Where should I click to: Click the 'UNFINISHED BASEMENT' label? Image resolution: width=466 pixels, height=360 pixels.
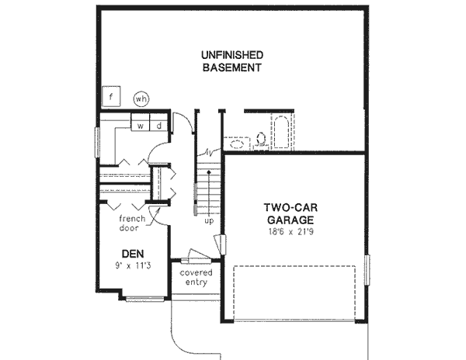pos(231,61)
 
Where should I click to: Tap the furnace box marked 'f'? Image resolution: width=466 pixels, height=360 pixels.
pos(112,97)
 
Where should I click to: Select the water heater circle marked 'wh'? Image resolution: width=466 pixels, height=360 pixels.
pos(141,99)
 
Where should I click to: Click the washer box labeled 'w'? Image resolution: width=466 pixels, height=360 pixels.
pos(142,125)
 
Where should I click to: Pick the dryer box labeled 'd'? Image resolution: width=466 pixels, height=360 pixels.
pos(158,125)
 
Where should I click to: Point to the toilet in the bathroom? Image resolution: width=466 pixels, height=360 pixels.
pos(261,140)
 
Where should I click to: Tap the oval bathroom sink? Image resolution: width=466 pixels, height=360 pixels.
pos(236,144)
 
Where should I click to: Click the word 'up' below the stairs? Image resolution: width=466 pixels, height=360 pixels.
pos(208,220)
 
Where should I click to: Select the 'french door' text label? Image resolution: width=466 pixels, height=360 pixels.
pos(134,223)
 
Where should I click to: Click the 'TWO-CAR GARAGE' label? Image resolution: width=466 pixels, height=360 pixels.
pos(293,214)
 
